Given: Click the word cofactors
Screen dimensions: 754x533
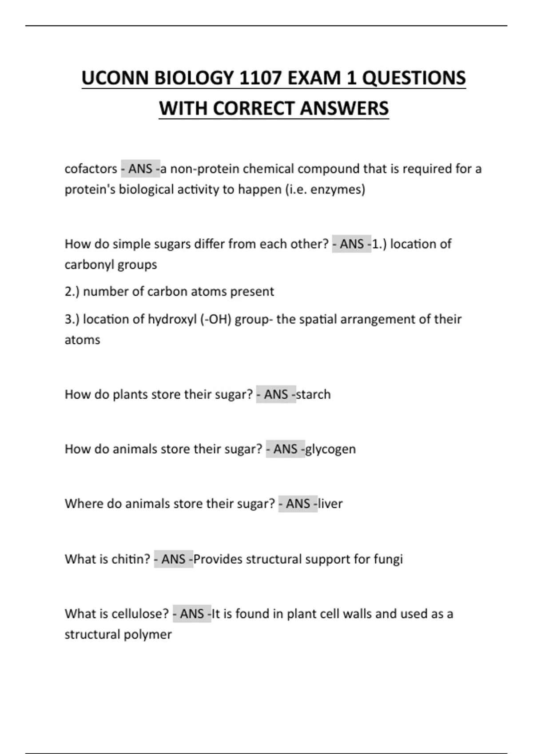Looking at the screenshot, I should [91, 169].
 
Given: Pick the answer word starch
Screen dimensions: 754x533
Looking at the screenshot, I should [314, 395].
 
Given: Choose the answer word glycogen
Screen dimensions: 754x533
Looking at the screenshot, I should [331, 449].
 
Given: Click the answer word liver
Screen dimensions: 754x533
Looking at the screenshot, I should [330, 504].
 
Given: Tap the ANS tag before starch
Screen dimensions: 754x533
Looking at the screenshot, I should [276, 395].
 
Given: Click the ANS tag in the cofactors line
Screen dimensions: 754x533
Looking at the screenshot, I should [140, 169].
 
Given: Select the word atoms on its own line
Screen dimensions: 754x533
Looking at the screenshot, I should [83, 340].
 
